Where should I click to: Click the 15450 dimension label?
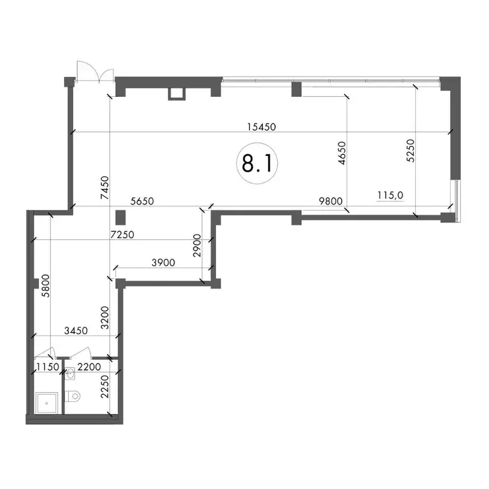[x=261, y=127]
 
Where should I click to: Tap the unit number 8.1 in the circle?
[x=257, y=164]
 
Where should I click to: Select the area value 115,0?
[x=390, y=195]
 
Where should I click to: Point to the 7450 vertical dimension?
[x=105, y=188]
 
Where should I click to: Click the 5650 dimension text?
[x=142, y=201]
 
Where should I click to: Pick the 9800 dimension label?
[x=330, y=201]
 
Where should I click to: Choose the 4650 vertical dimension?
[x=342, y=153]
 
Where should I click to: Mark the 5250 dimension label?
[x=411, y=150]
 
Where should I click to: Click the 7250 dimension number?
[x=122, y=234]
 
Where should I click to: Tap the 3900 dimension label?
[x=163, y=262]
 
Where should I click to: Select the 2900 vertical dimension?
[x=197, y=245]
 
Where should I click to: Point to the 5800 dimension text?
[x=46, y=285]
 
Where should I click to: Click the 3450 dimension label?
[x=76, y=330]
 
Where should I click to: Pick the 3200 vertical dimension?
[x=105, y=318]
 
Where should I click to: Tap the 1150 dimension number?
[x=47, y=367]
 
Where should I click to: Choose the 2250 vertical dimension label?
[x=105, y=386]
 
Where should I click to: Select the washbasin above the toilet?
[x=70, y=373]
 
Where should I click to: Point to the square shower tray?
[x=46, y=403]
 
